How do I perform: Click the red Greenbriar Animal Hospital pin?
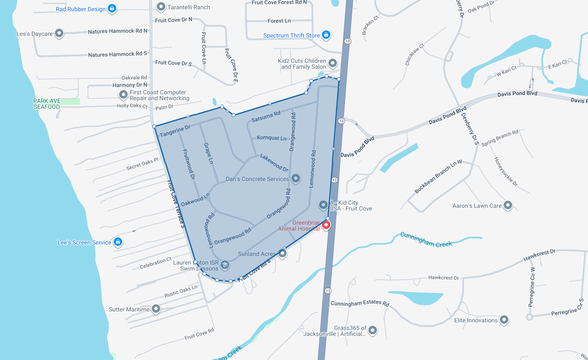(326, 225)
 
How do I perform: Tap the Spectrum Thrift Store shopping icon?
(326, 35)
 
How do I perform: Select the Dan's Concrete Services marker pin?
(296, 178)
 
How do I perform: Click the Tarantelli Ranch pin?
(161, 7)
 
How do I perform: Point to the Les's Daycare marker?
(59, 33)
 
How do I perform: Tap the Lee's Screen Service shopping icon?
(118, 242)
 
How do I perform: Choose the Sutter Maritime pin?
(156, 309)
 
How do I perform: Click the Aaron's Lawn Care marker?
(508, 205)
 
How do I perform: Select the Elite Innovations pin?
(504, 320)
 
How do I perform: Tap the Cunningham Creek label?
(426, 240)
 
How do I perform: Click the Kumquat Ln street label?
(271, 138)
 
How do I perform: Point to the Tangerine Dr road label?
(175, 131)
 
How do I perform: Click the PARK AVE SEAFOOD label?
(46, 104)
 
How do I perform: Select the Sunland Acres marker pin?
(283, 253)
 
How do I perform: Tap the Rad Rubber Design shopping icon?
(112, 8)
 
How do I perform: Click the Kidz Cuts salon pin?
(333, 63)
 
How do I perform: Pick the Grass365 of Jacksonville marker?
(373, 330)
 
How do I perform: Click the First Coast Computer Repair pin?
(123, 95)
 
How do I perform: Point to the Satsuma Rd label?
(266, 117)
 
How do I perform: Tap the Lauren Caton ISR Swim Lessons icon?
(225, 264)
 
